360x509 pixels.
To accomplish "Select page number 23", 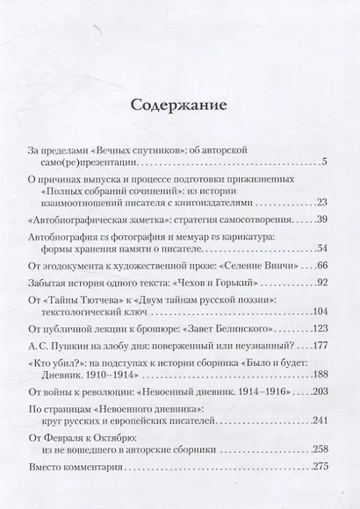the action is click(x=321, y=202).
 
